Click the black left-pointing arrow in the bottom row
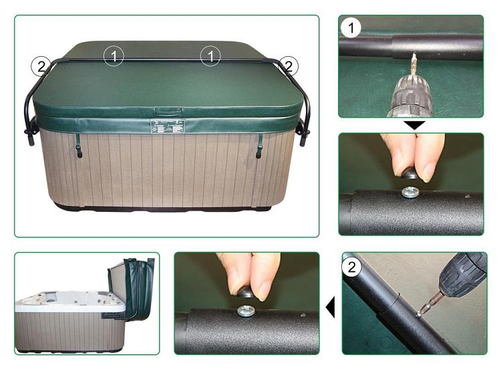[x=330, y=307]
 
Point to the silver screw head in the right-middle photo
[x=408, y=193]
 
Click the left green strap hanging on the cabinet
[x=79, y=145]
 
